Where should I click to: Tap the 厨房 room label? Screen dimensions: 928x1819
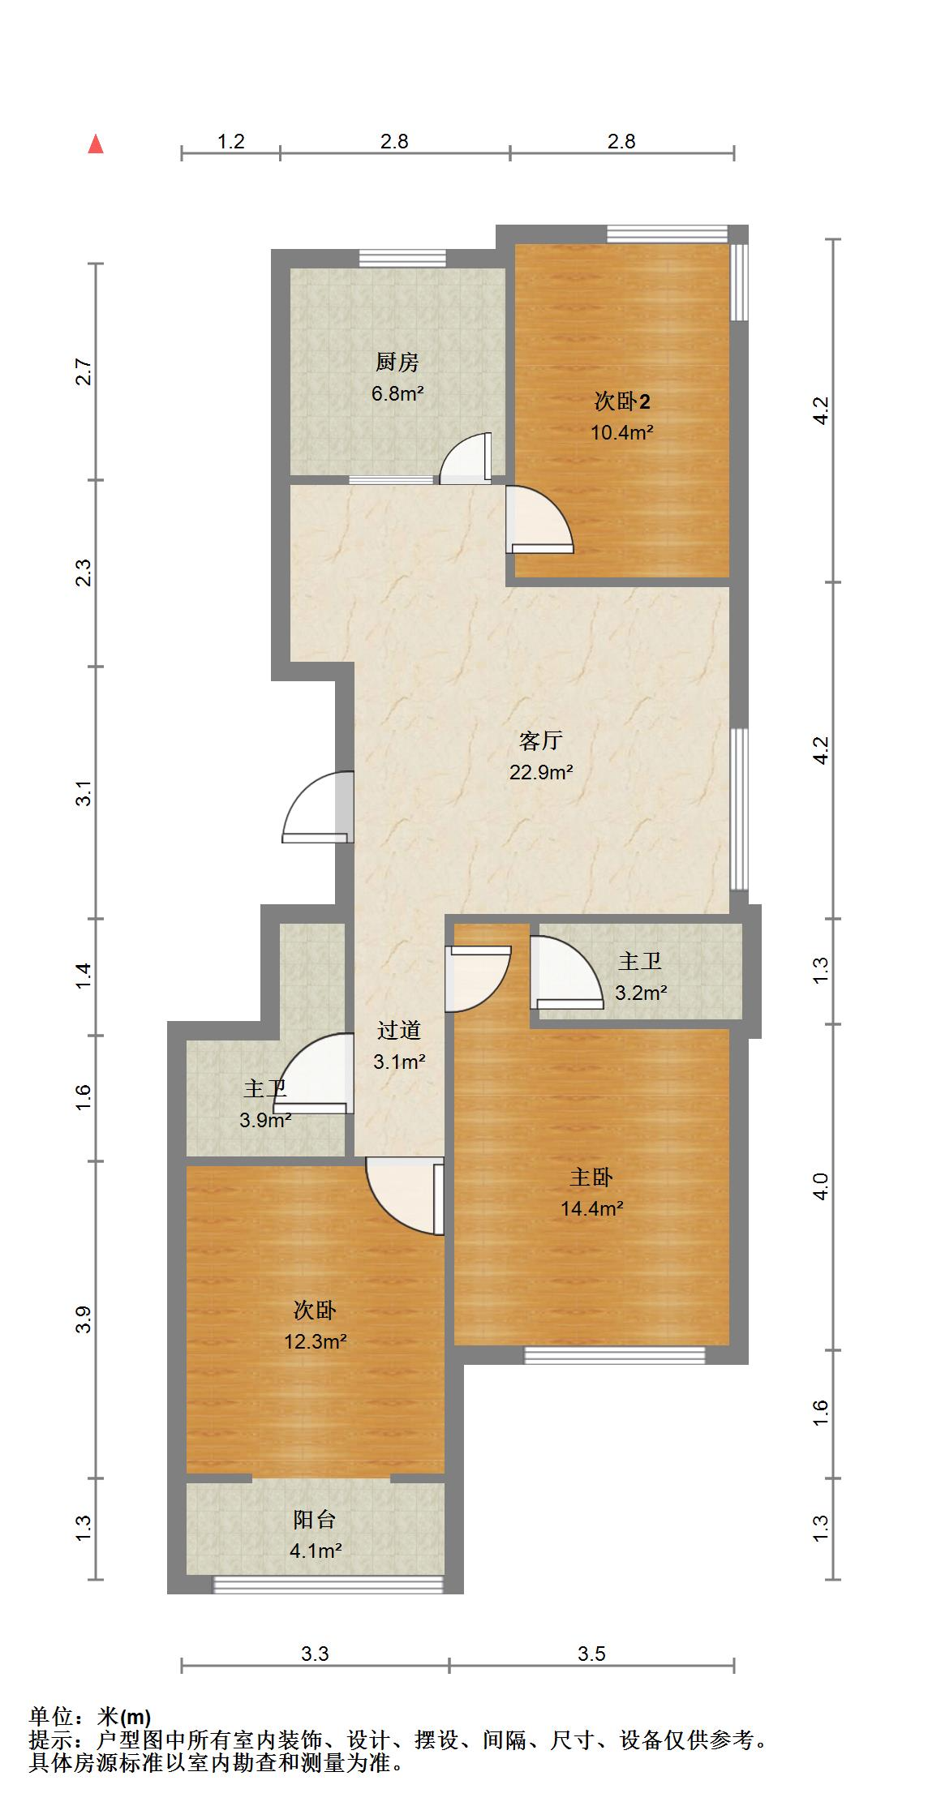(x=397, y=362)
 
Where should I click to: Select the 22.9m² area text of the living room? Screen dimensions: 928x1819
(x=541, y=772)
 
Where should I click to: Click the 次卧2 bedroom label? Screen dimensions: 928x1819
(x=622, y=401)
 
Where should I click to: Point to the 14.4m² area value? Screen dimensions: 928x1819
(x=592, y=1208)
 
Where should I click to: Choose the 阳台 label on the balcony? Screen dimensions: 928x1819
(x=315, y=1519)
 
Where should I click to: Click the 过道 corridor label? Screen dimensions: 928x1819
(x=399, y=1030)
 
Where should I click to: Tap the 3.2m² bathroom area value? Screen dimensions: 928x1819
(x=641, y=992)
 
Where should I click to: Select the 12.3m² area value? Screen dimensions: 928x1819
(x=316, y=1341)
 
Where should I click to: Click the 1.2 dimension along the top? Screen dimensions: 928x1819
(x=231, y=141)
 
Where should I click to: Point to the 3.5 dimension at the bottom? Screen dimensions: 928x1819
(x=591, y=1654)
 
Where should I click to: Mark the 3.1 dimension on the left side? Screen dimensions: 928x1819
(x=83, y=792)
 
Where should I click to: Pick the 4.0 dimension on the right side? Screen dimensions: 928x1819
(x=821, y=1187)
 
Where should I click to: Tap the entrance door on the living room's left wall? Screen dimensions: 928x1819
(x=318, y=807)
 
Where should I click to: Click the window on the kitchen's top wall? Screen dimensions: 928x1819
(x=402, y=258)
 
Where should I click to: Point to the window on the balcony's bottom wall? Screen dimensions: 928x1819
(x=329, y=1585)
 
